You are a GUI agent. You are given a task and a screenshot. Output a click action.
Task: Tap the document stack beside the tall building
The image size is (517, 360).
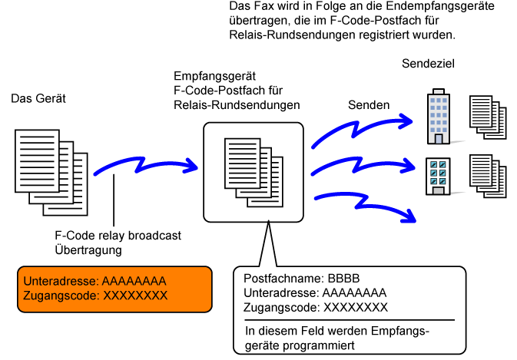tap(488, 117)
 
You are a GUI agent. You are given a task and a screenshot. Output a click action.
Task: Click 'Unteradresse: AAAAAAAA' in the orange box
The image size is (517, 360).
tap(94, 280)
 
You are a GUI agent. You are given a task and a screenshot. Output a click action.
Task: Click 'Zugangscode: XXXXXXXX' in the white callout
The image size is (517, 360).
tap(315, 306)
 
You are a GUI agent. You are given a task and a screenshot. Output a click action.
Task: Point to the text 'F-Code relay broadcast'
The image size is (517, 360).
tap(118, 236)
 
